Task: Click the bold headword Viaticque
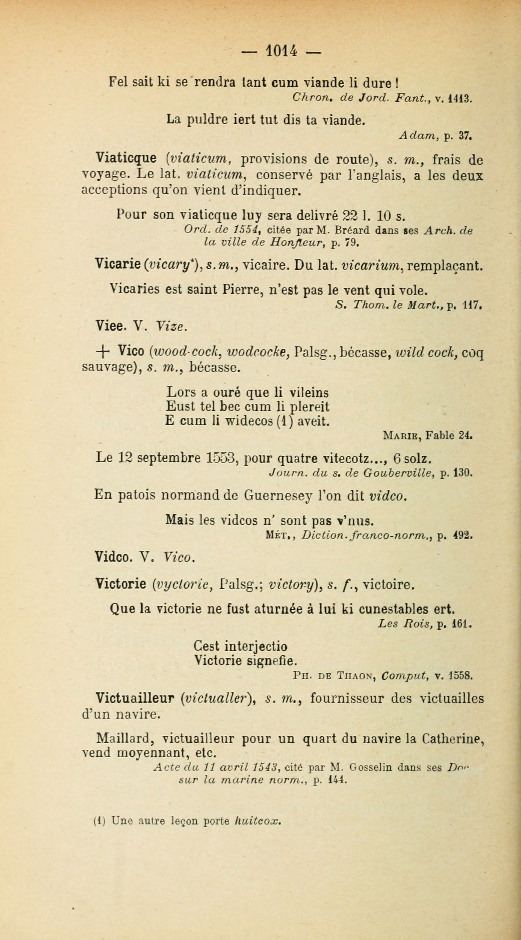126,158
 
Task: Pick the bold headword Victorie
120,585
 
